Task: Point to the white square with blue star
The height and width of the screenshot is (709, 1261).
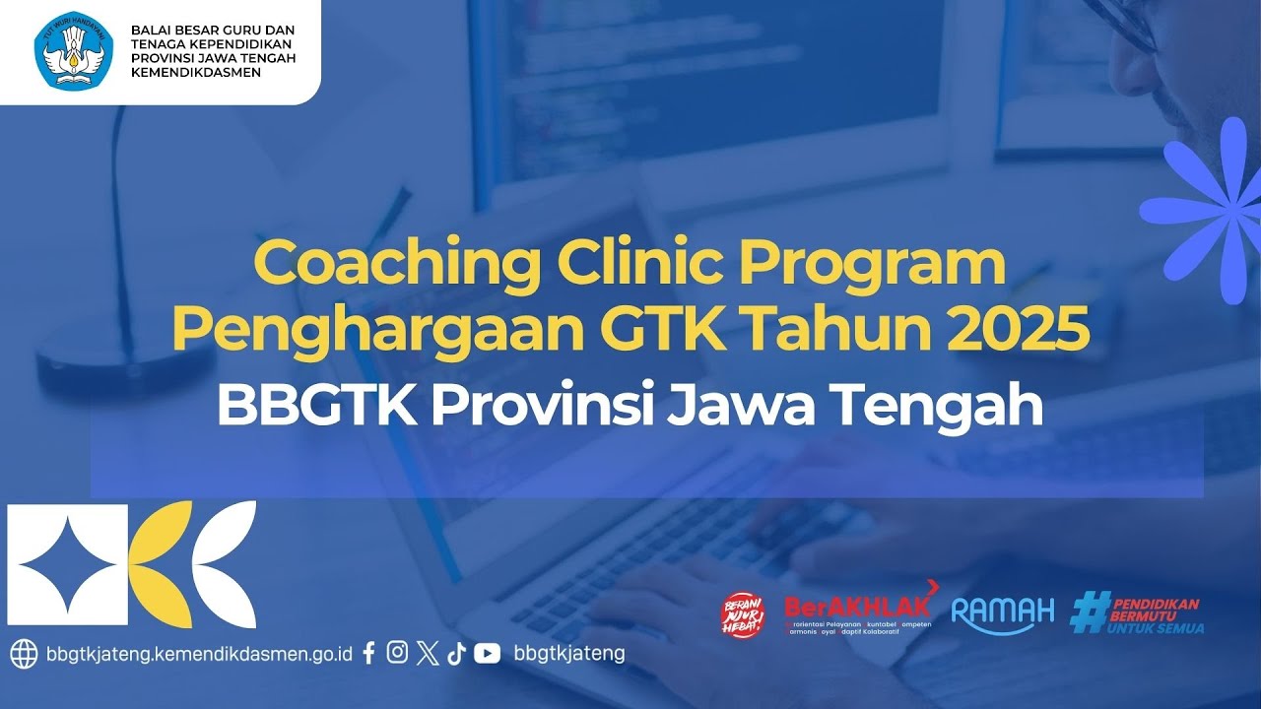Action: click(x=68, y=565)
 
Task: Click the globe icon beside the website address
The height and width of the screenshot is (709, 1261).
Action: click(x=24, y=654)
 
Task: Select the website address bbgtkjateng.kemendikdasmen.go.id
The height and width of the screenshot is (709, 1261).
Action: click(x=199, y=654)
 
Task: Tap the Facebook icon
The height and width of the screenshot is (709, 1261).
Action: click(x=369, y=653)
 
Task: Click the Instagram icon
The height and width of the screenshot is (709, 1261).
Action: click(x=397, y=652)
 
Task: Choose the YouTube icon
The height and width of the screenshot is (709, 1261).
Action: click(x=487, y=653)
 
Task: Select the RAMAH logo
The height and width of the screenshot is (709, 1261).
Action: click(x=1003, y=614)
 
